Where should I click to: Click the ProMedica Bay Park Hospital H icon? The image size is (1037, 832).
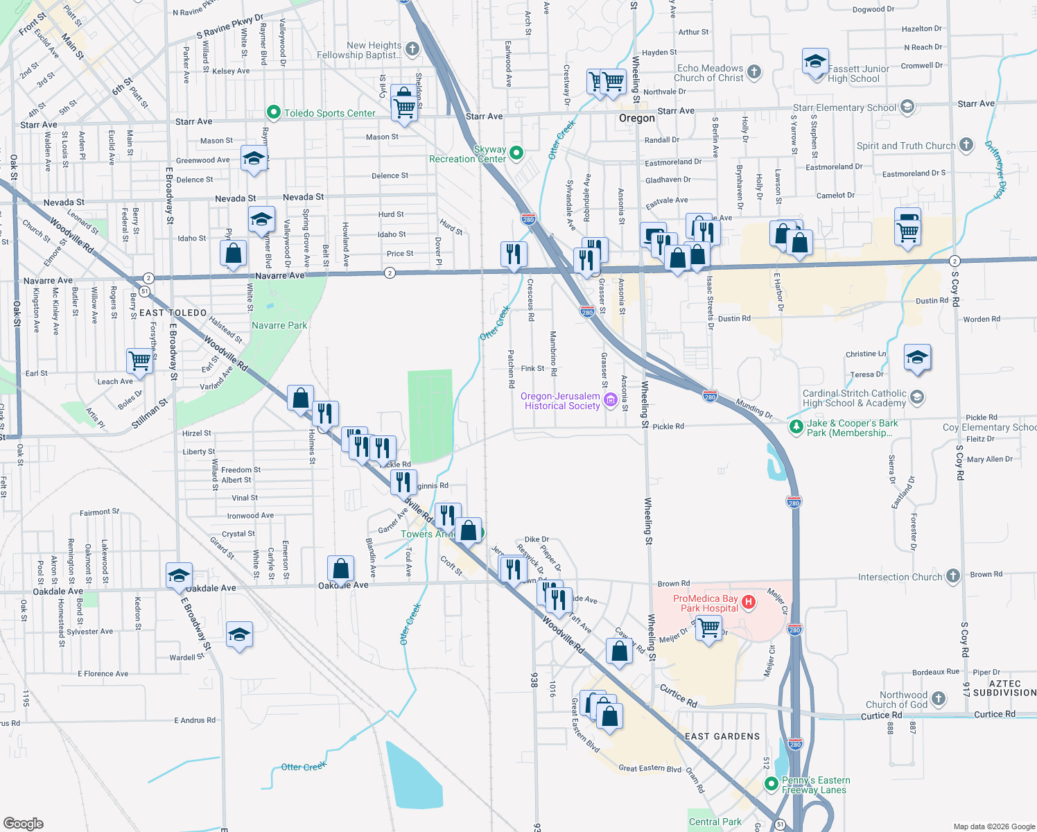click(748, 602)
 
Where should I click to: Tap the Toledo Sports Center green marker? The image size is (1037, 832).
click(274, 112)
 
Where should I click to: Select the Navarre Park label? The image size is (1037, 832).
click(279, 325)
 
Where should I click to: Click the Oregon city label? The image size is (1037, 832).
click(636, 118)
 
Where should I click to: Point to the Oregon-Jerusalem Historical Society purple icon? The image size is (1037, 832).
click(611, 399)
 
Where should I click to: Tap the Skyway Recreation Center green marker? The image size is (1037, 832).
click(516, 153)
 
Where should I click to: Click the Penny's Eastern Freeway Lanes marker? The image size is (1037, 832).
click(771, 783)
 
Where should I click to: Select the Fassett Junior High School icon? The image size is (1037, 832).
click(815, 62)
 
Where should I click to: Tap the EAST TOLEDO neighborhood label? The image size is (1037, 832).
click(173, 313)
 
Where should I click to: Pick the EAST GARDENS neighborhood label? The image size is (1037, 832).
click(722, 736)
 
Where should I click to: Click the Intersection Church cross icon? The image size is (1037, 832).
click(953, 576)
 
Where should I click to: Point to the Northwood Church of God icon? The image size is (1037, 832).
click(939, 698)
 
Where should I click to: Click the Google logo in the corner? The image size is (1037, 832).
click(23, 823)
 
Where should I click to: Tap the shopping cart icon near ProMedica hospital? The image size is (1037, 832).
click(708, 628)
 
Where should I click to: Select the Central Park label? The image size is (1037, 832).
click(715, 822)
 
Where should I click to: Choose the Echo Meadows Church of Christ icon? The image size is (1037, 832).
click(754, 71)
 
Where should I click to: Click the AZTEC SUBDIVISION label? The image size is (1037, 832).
click(1004, 688)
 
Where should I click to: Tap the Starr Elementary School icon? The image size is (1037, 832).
click(907, 107)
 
